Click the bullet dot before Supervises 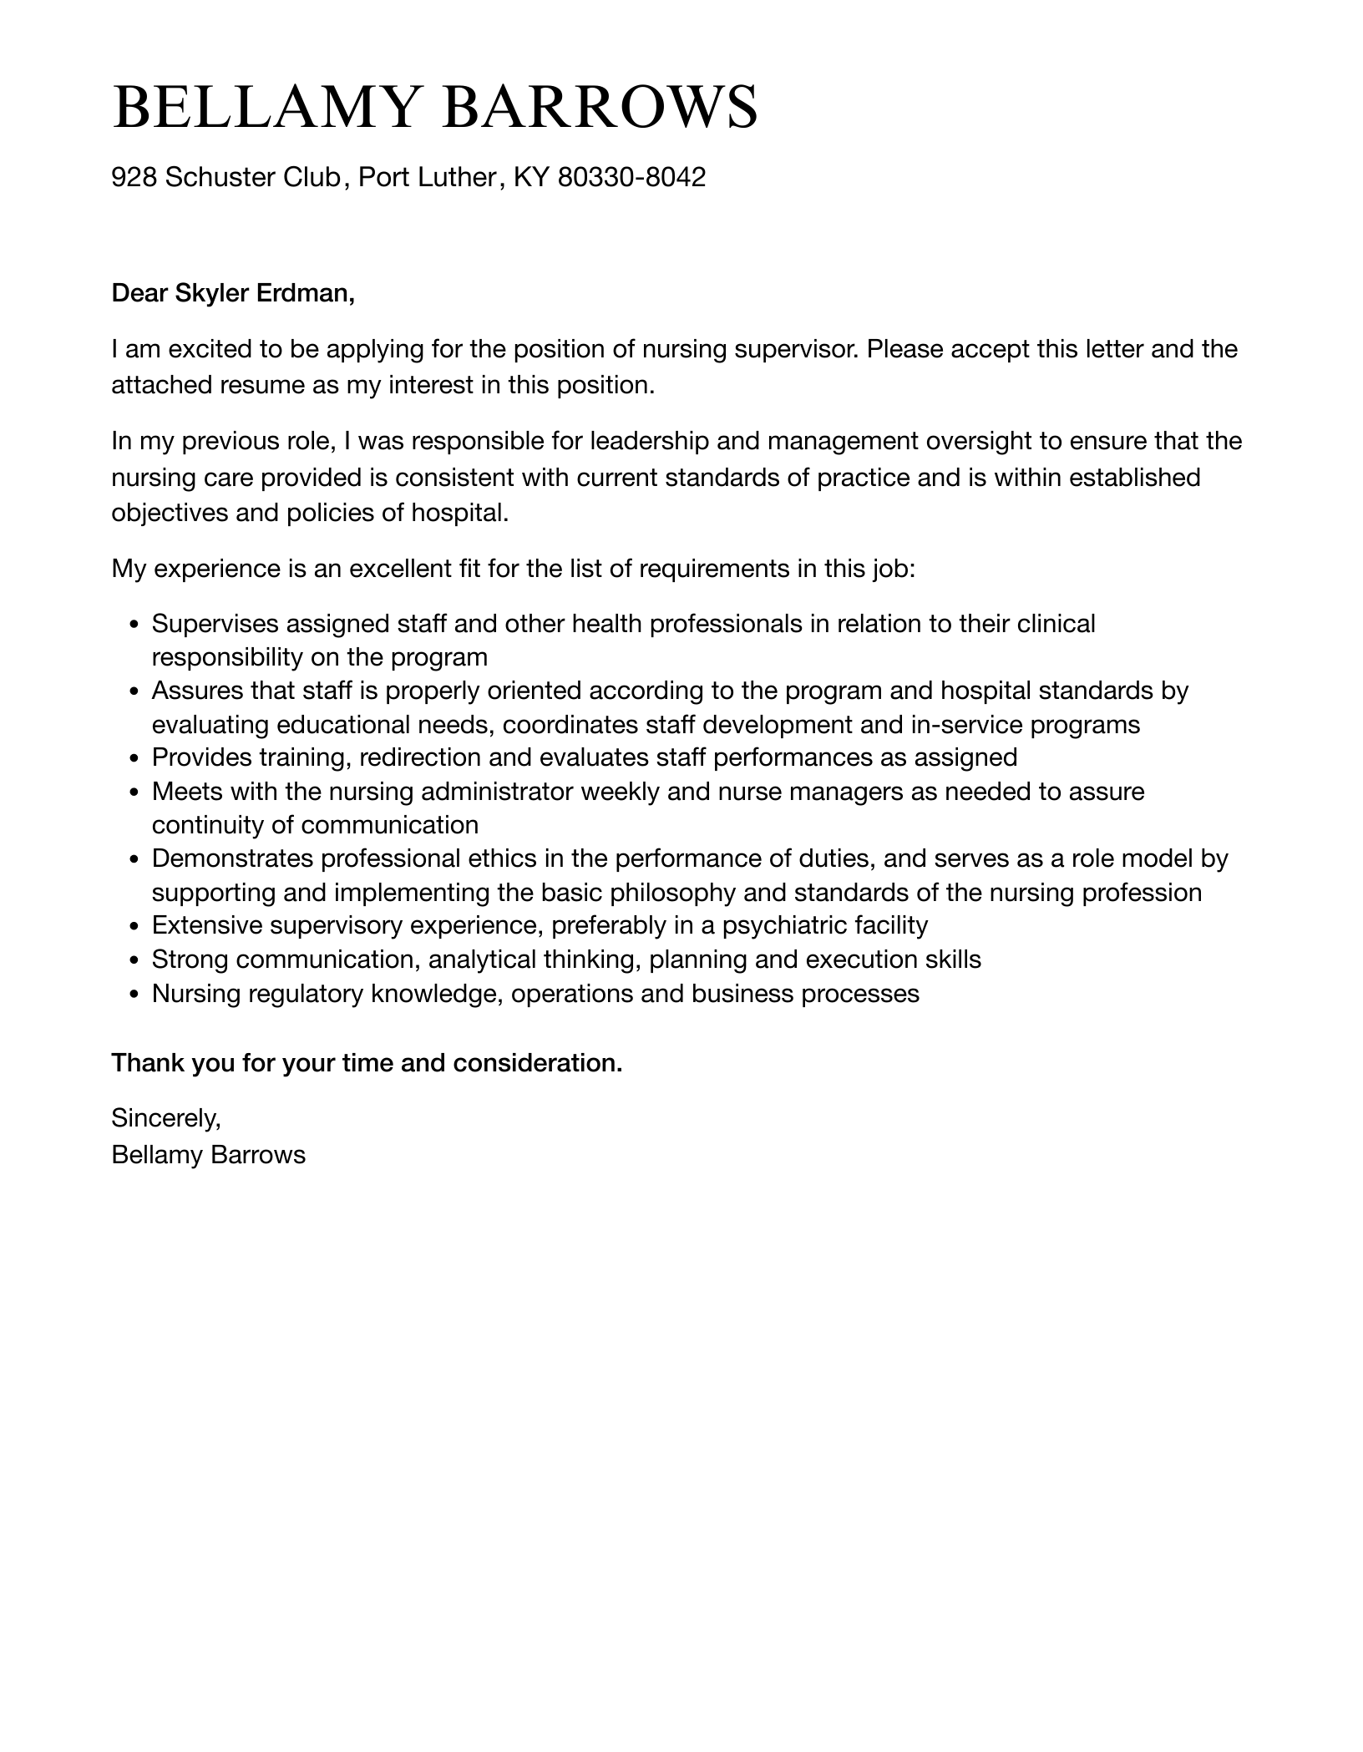pyautogui.click(x=134, y=625)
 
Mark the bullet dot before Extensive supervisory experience pyautogui.click(x=134, y=926)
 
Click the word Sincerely pyautogui.click(x=165, y=1117)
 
